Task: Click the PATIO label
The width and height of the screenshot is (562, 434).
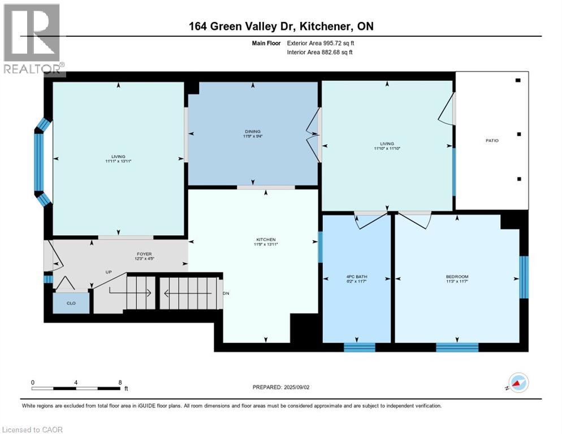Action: point(492,140)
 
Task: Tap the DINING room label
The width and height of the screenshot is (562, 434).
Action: point(252,131)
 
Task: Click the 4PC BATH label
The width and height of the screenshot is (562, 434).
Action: point(357,276)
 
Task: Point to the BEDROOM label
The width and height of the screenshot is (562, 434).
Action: point(457,276)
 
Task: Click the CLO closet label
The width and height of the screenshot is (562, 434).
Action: point(71,303)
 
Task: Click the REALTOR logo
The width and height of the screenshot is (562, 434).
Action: point(33,40)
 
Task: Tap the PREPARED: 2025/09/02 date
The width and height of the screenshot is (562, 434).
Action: point(281,387)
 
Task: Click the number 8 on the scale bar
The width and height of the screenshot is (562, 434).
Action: point(120,382)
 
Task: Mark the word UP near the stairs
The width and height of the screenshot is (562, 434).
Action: point(109,272)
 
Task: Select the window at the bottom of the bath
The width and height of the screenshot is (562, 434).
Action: point(359,347)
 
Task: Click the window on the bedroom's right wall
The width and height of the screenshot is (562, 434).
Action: point(524,277)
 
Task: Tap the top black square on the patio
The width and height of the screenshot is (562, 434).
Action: point(518,80)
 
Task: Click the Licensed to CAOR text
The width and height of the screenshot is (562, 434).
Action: point(33,429)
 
